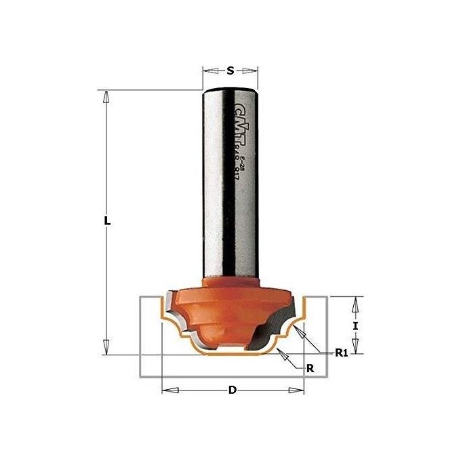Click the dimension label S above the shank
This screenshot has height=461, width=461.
[230, 70]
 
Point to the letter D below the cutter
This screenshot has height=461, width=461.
[233, 390]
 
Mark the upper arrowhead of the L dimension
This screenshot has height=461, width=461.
[106, 96]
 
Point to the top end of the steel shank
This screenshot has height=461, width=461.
[230, 91]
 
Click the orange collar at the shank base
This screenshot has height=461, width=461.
[230, 279]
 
